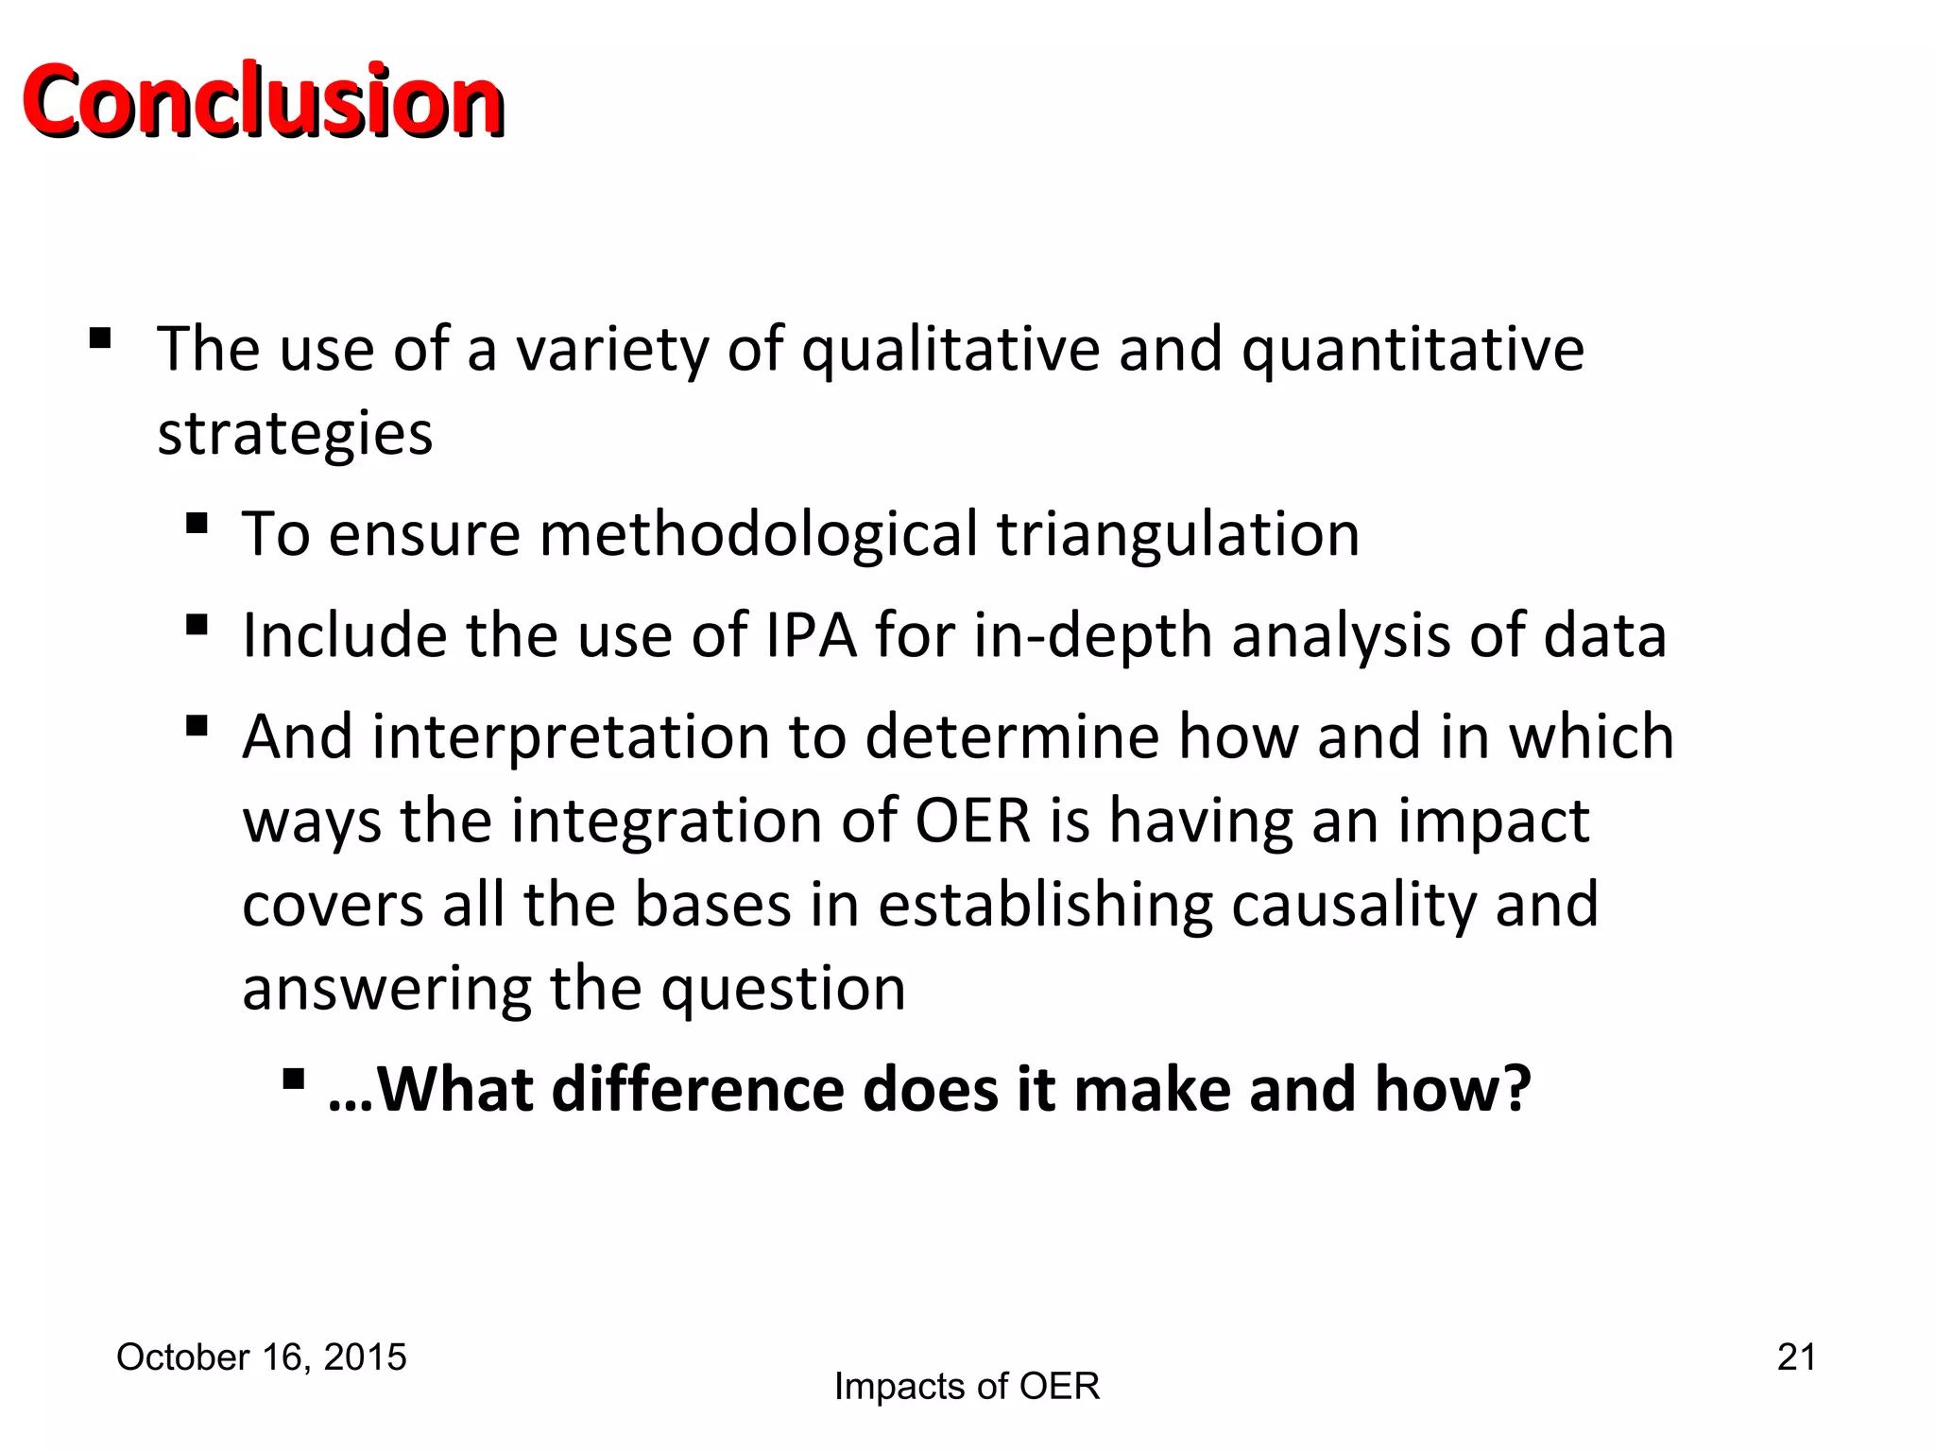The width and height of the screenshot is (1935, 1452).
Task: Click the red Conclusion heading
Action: coord(263,101)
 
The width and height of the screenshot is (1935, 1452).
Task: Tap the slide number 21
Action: coord(1796,1357)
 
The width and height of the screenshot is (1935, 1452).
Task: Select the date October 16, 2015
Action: coord(261,1357)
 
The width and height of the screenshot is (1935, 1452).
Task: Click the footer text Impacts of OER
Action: coord(967,1387)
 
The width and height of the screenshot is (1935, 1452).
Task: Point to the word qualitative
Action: coord(950,350)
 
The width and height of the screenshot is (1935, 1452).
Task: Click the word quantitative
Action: coord(1413,350)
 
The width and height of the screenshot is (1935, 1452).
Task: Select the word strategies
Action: coord(295,434)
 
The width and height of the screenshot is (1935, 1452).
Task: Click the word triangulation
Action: coord(1178,534)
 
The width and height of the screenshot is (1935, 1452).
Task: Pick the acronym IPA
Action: coord(811,635)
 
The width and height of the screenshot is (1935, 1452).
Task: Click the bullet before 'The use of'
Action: coord(100,337)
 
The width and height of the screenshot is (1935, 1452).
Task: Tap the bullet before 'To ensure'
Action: coord(197,523)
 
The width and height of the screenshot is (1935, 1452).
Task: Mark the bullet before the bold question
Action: coord(293,1078)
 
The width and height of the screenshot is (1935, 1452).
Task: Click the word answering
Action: coord(386,989)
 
